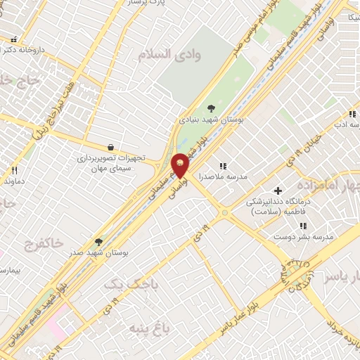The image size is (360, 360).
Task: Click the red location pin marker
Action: click(181, 165)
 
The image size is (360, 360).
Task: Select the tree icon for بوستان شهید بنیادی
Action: click(211, 108)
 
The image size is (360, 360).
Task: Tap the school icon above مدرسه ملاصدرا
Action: click(223, 166)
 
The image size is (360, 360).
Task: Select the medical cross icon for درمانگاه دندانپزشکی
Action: click(279, 190)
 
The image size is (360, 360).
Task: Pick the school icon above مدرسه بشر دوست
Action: click(304, 226)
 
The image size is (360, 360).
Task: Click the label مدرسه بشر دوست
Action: click(304, 238)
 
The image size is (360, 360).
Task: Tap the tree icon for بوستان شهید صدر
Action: click(98, 241)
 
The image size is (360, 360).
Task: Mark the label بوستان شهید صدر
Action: click(98, 253)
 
